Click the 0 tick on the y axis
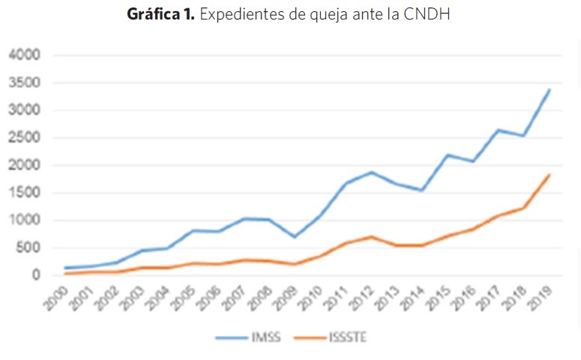(36, 275)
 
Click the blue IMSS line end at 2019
(550, 90)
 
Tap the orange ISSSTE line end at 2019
(550, 175)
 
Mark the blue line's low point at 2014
(424, 190)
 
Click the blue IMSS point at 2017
(499, 130)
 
